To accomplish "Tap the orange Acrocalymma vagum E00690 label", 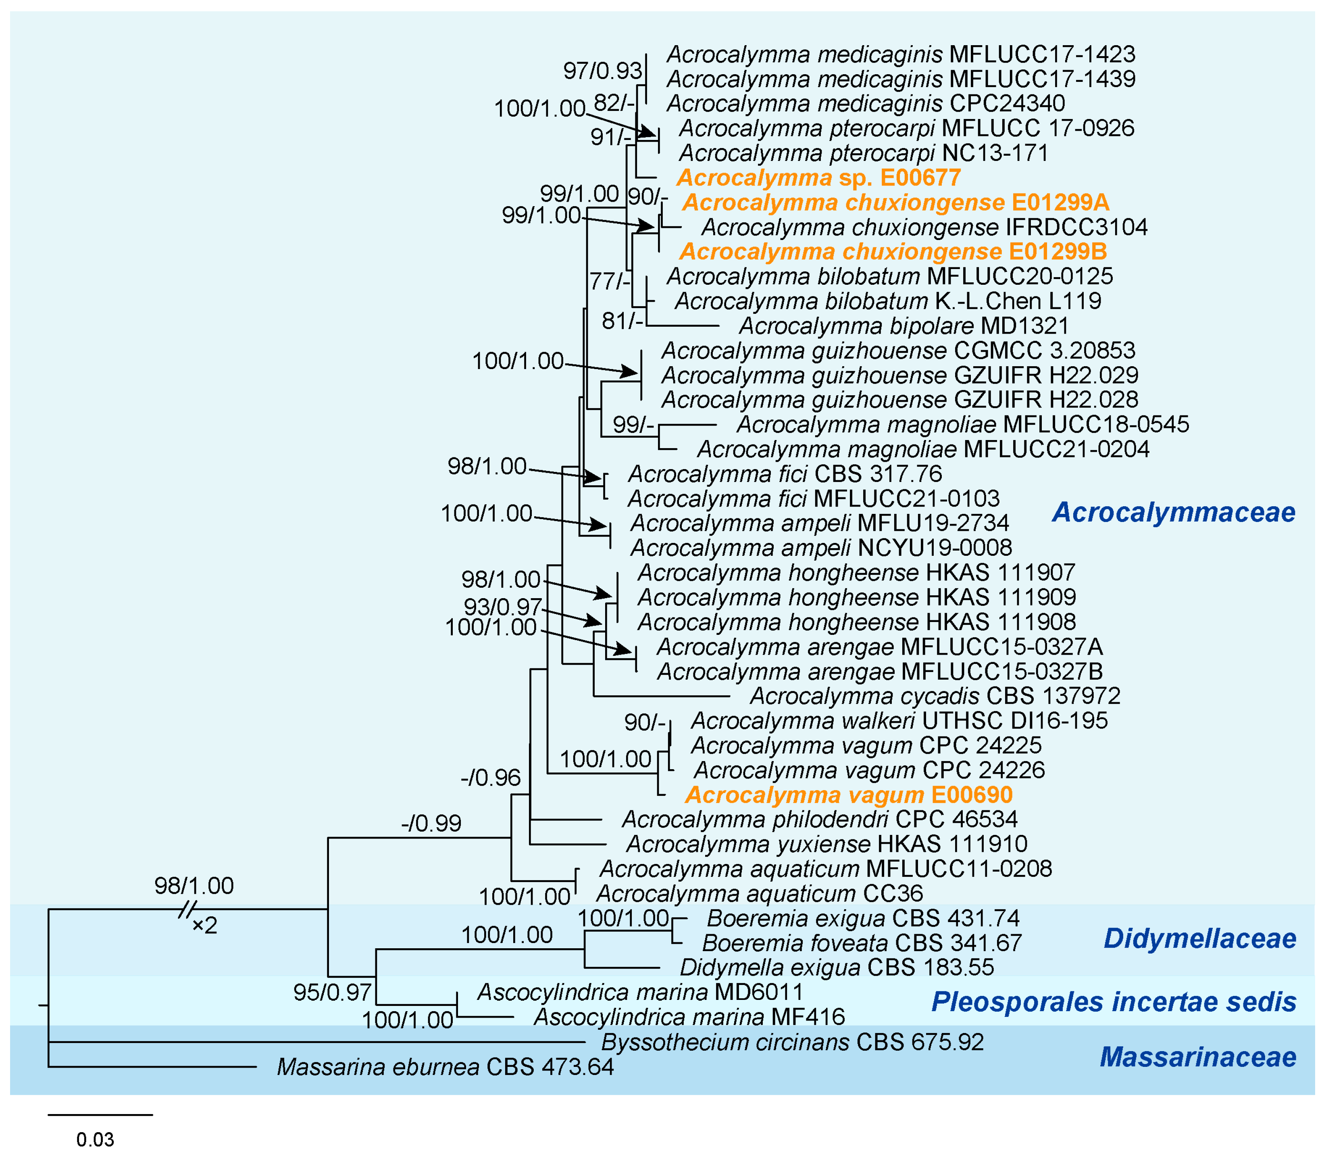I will pyautogui.click(x=849, y=795).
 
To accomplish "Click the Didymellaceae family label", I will pyautogui.click(x=1199, y=939).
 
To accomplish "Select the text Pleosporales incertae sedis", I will pyautogui.click(x=1114, y=1002).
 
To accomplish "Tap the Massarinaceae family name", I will pyautogui.click(x=1197, y=1057).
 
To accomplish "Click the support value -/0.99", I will pyautogui.click(x=431, y=823).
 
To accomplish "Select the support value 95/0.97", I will pyautogui.click(x=332, y=991).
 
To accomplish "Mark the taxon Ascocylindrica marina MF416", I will pyautogui.click(x=689, y=1017).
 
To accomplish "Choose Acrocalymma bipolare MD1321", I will pyautogui.click(x=903, y=326).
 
